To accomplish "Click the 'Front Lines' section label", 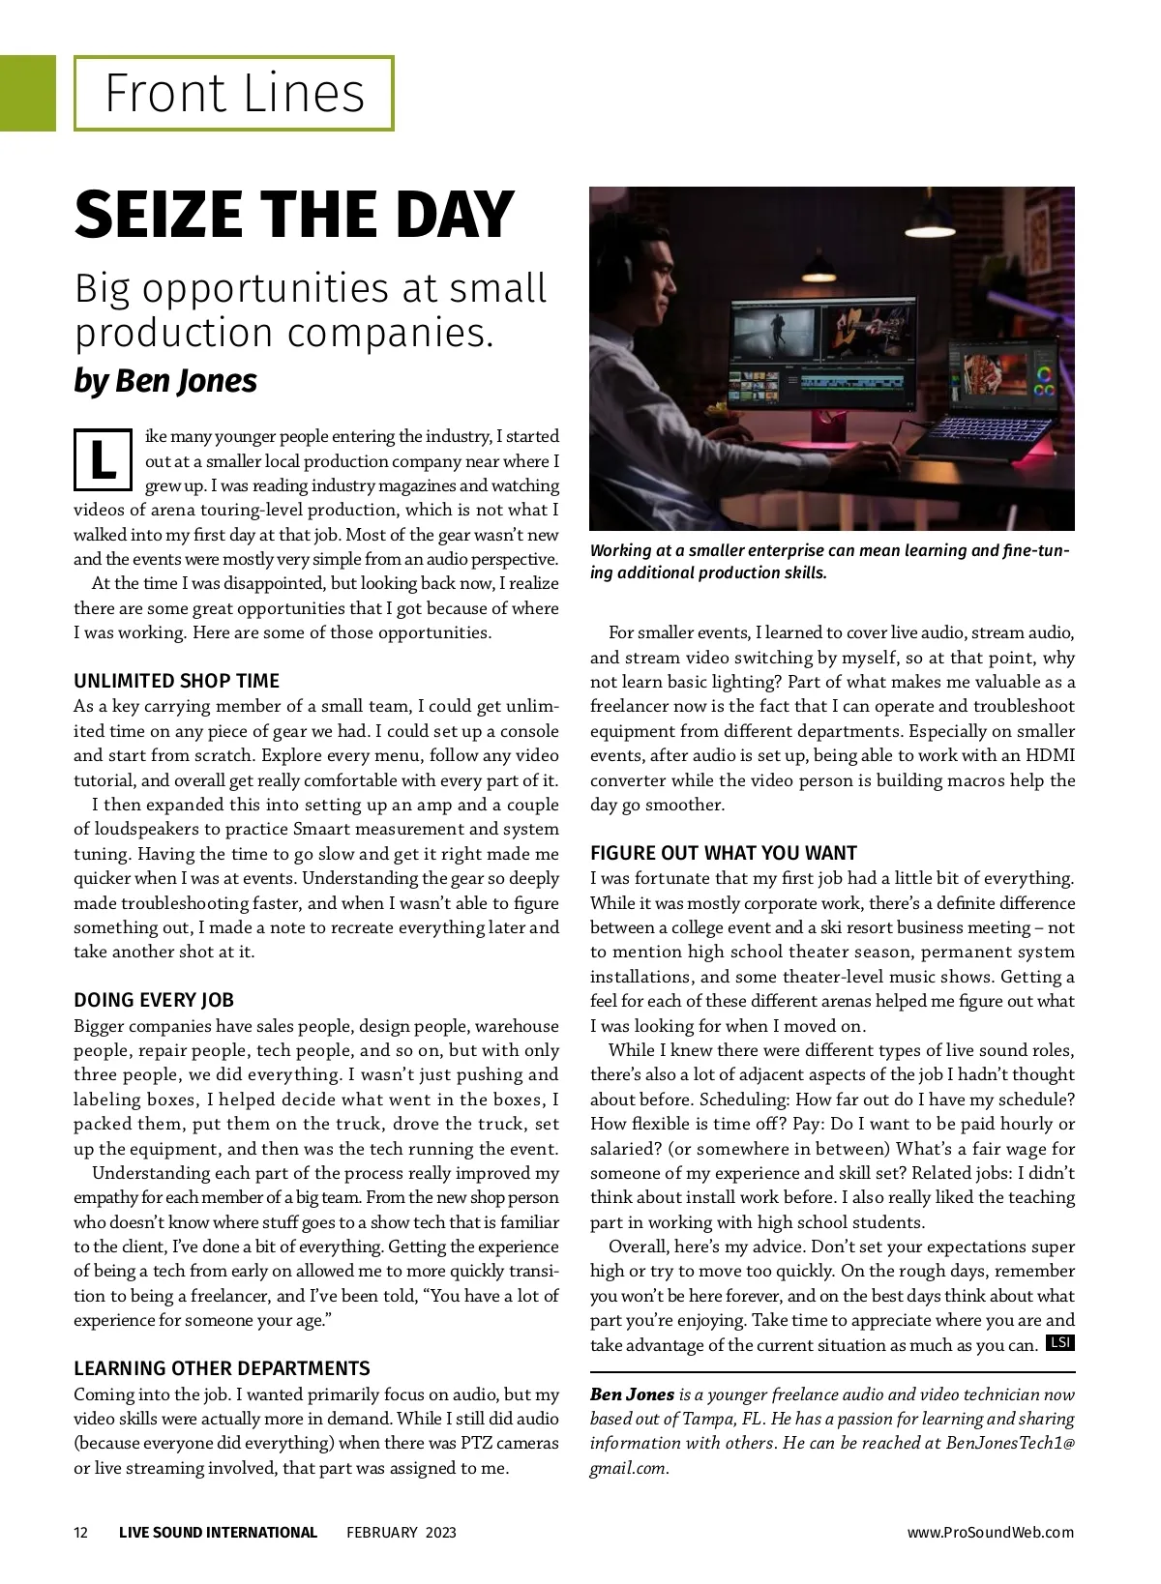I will pyautogui.click(x=234, y=94).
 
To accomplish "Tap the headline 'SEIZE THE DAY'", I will pyautogui.click(x=293, y=215).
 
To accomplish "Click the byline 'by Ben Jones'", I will pyautogui.click(x=165, y=381).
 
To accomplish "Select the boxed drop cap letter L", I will pyautogui.click(x=102, y=460).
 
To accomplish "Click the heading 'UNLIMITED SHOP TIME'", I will pyautogui.click(x=176, y=681).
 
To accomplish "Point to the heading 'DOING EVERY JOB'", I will pyautogui.click(x=154, y=1000).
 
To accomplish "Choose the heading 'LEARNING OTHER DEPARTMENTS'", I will pyautogui.click(x=222, y=1368).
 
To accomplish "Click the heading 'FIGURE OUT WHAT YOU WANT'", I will pyautogui.click(x=724, y=853).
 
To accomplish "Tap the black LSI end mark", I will pyautogui.click(x=1060, y=1343).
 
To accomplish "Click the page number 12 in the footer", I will pyautogui.click(x=81, y=1533).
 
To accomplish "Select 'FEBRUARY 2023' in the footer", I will pyautogui.click(x=402, y=1533).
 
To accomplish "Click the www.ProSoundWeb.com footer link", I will pyautogui.click(x=990, y=1533).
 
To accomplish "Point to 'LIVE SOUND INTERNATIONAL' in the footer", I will pyautogui.click(x=218, y=1533).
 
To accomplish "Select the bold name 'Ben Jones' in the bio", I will pyautogui.click(x=632, y=1394).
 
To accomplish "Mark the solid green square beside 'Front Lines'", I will pyautogui.click(x=27, y=93).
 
